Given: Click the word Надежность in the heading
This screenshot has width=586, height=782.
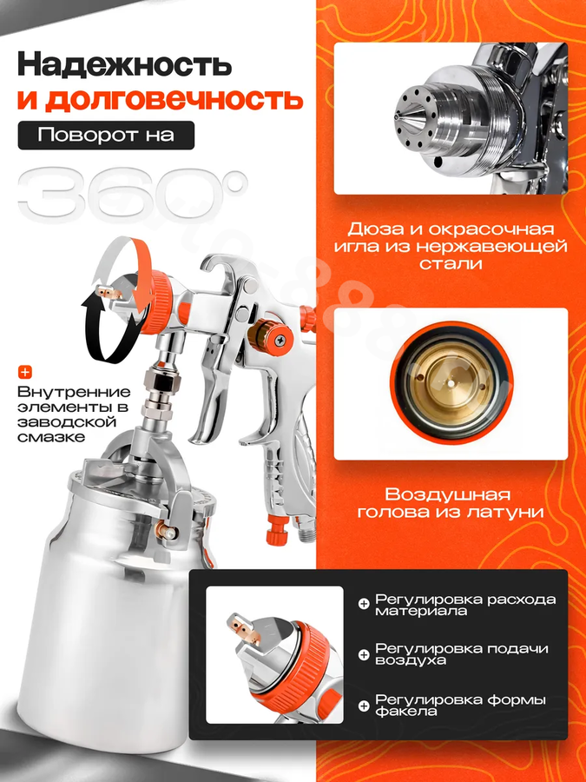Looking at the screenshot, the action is [x=124, y=65].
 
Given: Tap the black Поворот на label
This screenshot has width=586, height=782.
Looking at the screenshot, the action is [x=106, y=136].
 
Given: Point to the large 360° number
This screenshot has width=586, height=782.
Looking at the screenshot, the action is [x=133, y=196].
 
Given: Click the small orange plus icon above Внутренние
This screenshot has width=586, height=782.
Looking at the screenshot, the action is [x=24, y=372].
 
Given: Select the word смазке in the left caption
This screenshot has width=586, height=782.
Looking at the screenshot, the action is [x=51, y=437].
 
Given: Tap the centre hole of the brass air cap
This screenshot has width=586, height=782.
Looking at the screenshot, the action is [x=451, y=384].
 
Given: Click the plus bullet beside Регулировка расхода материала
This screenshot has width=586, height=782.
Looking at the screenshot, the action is [x=364, y=604].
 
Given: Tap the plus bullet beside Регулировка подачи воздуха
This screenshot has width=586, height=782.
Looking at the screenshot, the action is [x=364, y=653].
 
